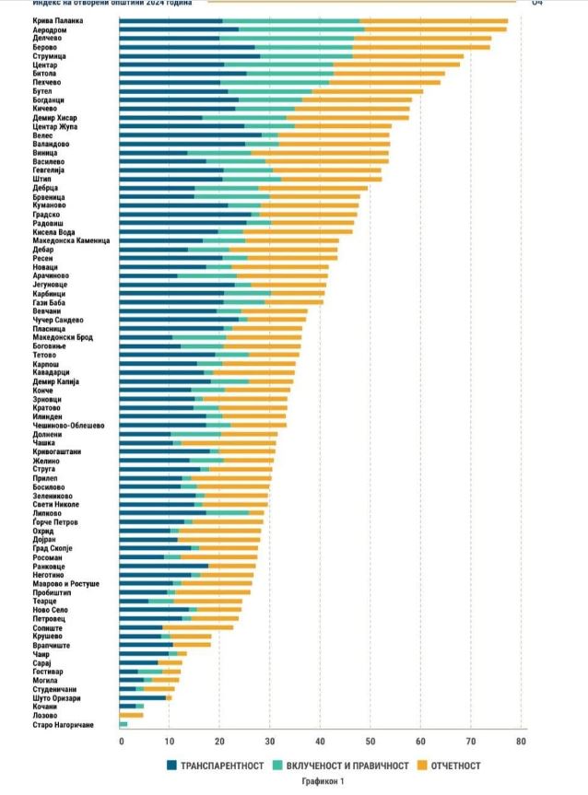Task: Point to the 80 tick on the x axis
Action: tap(521, 741)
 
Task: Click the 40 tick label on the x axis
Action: tap(320, 741)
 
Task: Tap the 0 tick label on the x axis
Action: tap(120, 741)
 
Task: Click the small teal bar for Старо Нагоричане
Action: tap(123, 724)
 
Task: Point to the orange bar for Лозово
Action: tap(132, 715)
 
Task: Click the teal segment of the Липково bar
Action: tap(228, 512)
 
